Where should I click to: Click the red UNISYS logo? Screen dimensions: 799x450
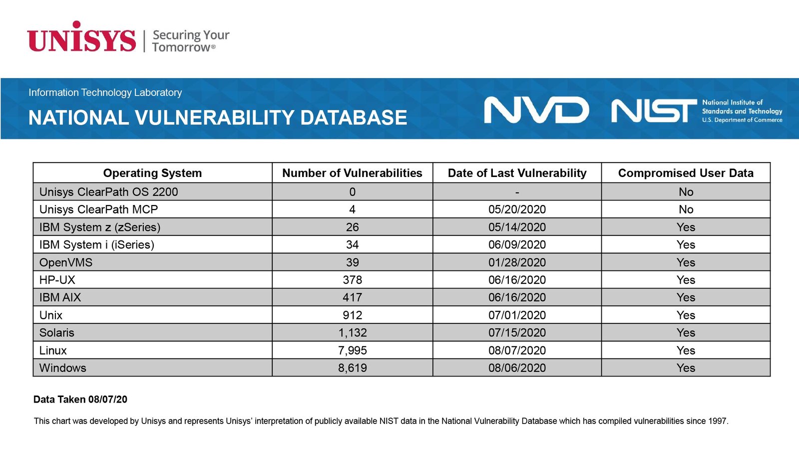[x=81, y=36]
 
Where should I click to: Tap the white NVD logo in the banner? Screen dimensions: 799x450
[x=536, y=110]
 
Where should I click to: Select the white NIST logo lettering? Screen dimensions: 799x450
[x=654, y=110]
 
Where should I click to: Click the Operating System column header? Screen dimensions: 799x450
[x=152, y=173]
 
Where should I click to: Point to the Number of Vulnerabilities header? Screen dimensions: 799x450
[x=352, y=173]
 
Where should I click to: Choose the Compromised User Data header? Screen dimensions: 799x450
[x=686, y=173]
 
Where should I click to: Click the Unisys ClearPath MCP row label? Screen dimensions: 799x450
[x=98, y=209]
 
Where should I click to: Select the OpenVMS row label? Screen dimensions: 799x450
[x=65, y=262]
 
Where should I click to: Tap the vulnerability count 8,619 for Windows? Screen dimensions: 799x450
[x=353, y=368]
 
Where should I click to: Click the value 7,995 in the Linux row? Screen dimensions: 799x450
[x=353, y=350]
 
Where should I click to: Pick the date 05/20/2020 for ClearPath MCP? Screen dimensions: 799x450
[x=517, y=209]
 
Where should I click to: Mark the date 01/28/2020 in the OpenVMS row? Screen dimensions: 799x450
[x=517, y=262]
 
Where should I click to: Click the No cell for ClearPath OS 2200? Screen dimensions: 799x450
[x=686, y=192]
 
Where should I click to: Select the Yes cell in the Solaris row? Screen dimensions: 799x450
[x=686, y=333]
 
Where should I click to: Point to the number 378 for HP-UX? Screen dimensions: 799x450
[x=353, y=280]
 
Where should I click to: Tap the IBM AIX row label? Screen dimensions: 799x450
[x=60, y=297]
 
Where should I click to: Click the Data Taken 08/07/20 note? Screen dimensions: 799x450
[x=80, y=399]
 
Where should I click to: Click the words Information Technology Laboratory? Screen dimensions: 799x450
[x=105, y=92]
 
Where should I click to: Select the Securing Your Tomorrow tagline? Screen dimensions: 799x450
[x=191, y=41]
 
